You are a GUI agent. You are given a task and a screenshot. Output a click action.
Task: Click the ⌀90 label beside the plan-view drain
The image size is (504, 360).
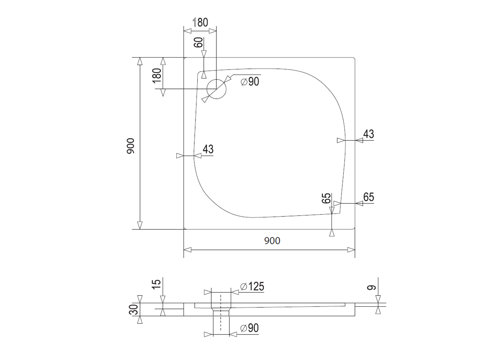pos(250,81)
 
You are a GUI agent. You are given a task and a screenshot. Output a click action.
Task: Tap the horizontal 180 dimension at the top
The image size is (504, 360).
pos(200,22)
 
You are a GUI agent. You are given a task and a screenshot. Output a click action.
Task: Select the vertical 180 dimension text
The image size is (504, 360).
pos(157,76)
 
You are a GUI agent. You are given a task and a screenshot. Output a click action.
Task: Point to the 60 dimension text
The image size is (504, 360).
pos(198,42)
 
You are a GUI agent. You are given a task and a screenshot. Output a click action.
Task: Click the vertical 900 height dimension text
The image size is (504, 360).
pos(130,146)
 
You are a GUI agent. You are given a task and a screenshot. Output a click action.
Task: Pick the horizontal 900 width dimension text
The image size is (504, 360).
pos(272,241)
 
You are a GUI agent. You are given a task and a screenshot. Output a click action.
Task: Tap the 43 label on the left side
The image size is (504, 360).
pos(208,149)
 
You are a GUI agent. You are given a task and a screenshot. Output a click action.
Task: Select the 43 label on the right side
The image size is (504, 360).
pos(369,134)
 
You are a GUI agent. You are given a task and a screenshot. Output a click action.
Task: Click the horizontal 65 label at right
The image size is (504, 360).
pos(369,197)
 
